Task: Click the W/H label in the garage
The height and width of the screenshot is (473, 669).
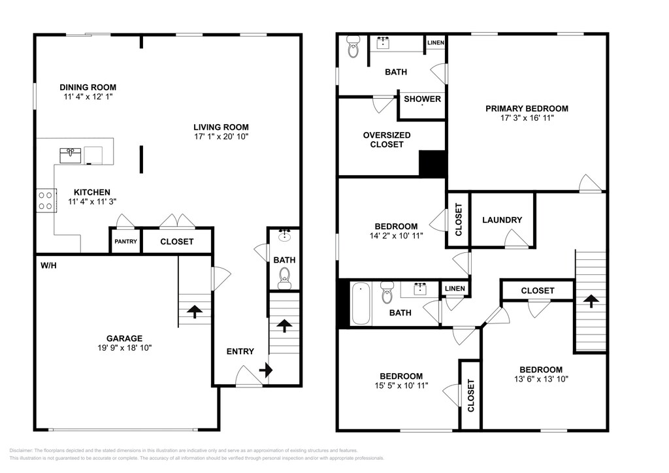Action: point(48,266)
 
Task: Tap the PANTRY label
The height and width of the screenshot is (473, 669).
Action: point(125,242)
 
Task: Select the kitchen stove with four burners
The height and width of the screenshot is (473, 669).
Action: point(46,201)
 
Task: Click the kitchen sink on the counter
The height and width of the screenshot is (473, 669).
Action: point(71,155)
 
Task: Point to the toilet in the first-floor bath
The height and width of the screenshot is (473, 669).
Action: point(284,278)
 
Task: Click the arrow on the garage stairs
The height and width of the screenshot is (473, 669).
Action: point(195,312)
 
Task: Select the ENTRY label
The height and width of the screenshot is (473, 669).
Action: point(240,351)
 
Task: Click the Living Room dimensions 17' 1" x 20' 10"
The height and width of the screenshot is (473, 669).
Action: point(221,137)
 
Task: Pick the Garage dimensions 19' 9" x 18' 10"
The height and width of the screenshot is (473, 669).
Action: point(124,348)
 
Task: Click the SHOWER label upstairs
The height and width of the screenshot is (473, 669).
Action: point(423,99)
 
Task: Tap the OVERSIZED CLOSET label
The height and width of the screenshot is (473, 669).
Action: point(387,140)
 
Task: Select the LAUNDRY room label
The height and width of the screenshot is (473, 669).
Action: point(502,220)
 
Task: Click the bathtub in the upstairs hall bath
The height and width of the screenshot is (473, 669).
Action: point(361,304)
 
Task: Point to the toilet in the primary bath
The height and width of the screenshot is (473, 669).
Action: point(353,46)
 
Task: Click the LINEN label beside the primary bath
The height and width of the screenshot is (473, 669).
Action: point(436,42)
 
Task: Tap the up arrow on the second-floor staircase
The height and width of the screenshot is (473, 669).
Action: point(591,301)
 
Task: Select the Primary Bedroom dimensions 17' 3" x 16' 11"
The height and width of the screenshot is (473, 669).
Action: point(527,118)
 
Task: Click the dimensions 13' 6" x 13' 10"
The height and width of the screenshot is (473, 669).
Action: point(541,379)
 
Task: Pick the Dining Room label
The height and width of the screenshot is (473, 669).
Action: point(88,88)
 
